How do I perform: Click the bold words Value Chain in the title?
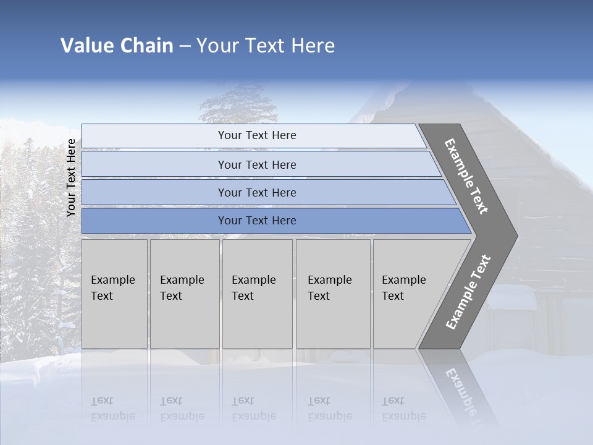click(x=117, y=46)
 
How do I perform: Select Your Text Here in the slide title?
click(x=266, y=46)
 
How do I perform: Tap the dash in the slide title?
click(x=185, y=46)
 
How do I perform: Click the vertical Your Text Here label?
click(x=71, y=177)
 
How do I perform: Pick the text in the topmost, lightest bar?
click(x=257, y=135)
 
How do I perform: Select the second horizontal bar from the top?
click(x=257, y=164)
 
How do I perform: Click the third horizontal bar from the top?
click(x=257, y=193)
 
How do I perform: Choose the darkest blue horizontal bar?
click(x=257, y=221)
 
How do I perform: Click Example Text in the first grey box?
click(x=112, y=288)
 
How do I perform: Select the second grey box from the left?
click(x=184, y=294)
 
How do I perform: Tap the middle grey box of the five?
click(x=256, y=294)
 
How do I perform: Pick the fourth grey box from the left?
click(x=332, y=294)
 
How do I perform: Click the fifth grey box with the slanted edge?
click(x=408, y=294)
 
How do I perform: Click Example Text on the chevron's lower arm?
click(x=468, y=292)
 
